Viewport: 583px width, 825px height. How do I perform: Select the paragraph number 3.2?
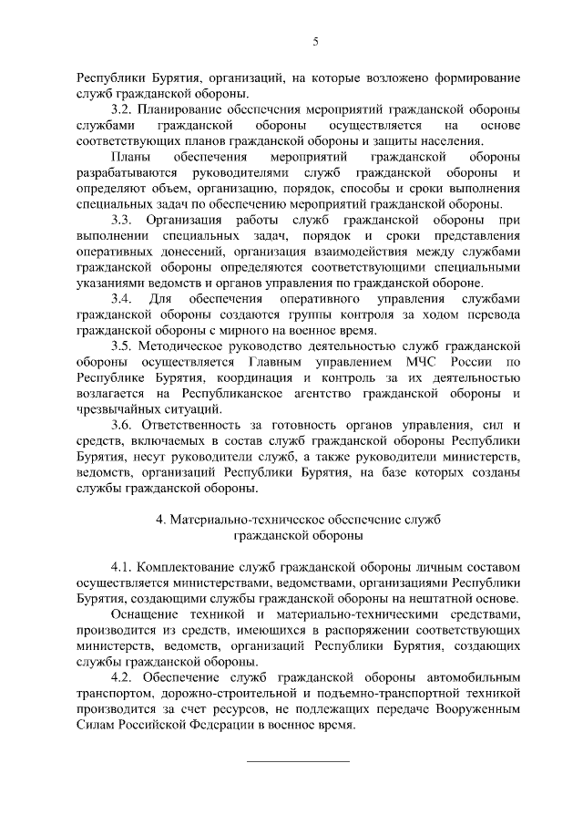(x=121, y=109)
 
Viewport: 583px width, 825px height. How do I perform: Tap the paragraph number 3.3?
(x=121, y=221)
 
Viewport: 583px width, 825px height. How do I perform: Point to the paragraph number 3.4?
(x=121, y=299)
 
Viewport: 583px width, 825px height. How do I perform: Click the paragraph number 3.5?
(x=121, y=346)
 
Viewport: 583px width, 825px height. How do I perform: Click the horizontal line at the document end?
(x=299, y=761)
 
